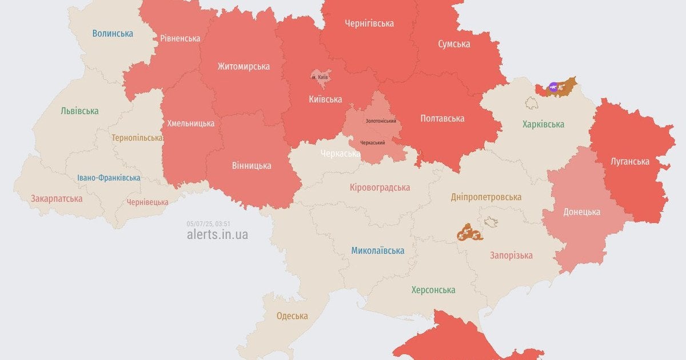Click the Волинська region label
click(x=113, y=33)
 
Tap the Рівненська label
click(x=180, y=38)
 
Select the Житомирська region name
click(x=244, y=66)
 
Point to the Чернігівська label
click(x=369, y=23)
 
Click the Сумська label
click(x=454, y=44)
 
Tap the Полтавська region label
click(x=442, y=118)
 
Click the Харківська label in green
click(x=543, y=124)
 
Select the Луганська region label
click(x=630, y=161)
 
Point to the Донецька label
click(x=581, y=211)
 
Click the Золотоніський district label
click(x=381, y=121)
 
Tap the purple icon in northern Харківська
click(x=553, y=87)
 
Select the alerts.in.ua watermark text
click(x=217, y=234)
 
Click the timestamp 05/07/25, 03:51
click(x=208, y=223)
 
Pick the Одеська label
click(x=292, y=315)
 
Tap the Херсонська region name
click(x=433, y=290)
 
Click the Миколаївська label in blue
click(x=377, y=250)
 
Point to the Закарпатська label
click(x=57, y=199)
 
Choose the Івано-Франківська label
click(x=109, y=178)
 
